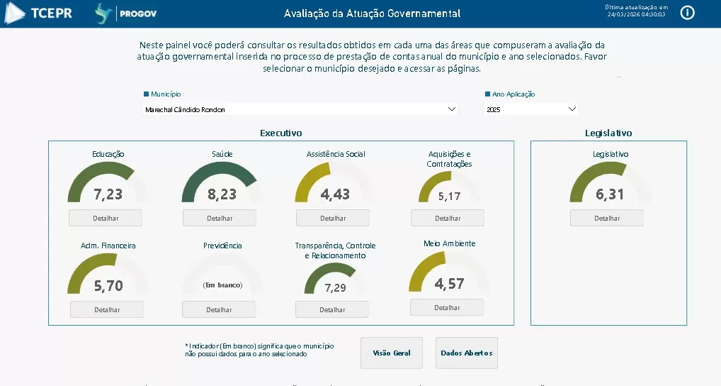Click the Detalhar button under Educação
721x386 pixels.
[106, 218]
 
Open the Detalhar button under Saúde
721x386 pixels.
[219, 218]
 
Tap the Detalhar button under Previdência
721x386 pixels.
[219, 309]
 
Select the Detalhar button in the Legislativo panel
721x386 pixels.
[607, 218]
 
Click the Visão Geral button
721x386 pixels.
[392, 353]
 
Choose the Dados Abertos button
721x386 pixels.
[467, 353]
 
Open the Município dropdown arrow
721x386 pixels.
[452, 109]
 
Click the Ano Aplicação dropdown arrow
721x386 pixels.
[572, 109]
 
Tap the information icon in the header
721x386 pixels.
[688, 13]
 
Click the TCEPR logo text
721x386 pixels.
[52, 13]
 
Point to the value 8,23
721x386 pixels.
[222, 194]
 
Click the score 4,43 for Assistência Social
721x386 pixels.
[335, 194]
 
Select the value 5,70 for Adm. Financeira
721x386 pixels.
[108, 285]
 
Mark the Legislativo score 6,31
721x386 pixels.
[610, 194]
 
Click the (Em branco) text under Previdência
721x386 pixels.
[222, 285]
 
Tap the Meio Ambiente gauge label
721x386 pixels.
[449, 243]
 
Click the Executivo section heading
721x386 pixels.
[281, 133]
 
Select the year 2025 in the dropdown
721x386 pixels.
[494, 110]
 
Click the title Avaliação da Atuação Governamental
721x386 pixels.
[372, 13]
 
